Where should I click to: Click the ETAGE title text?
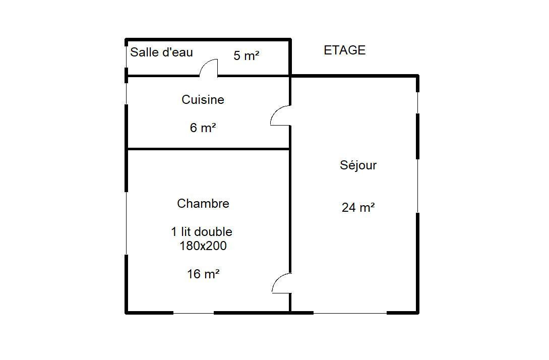click(x=344, y=50)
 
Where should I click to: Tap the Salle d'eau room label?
click(x=161, y=52)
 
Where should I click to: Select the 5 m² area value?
click(x=246, y=55)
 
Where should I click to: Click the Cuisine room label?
click(x=203, y=99)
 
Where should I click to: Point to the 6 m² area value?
click(x=203, y=128)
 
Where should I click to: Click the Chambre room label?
click(x=203, y=204)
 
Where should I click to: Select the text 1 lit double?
click(x=202, y=231)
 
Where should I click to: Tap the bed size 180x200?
click(x=203, y=246)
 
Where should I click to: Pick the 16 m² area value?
click(x=203, y=274)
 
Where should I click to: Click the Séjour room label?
click(x=358, y=165)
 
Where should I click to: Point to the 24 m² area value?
click(x=358, y=207)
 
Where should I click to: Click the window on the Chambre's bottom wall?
click(x=194, y=313)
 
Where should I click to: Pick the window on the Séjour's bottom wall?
click(x=350, y=313)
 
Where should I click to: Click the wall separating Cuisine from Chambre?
click(x=208, y=149)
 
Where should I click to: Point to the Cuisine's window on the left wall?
click(x=127, y=93)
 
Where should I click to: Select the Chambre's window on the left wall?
click(x=127, y=223)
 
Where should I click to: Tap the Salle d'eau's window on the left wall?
click(x=127, y=57)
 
